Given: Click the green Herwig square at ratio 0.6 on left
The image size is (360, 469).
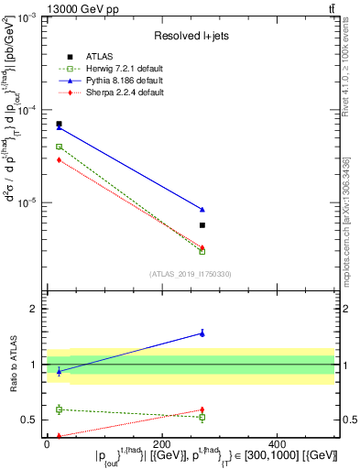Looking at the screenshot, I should point(59,409).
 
